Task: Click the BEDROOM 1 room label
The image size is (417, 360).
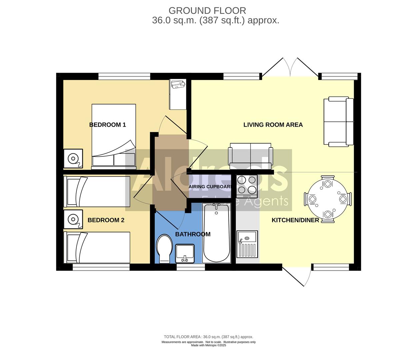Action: pyautogui.click(x=107, y=125)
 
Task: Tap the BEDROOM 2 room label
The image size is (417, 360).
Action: pyautogui.click(x=106, y=220)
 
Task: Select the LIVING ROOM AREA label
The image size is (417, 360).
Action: pyautogui.click(x=273, y=125)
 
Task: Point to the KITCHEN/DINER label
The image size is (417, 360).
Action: pyautogui.click(x=295, y=220)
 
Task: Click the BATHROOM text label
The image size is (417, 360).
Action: pyautogui.click(x=193, y=234)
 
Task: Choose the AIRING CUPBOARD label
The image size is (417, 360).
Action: pyautogui.click(x=210, y=187)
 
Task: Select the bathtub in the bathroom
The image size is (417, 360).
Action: pyautogui.click(x=217, y=233)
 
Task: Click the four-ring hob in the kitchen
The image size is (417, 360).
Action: pyautogui.click(x=247, y=186)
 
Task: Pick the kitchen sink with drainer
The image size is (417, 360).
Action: pyautogui.click(x=247, y=244)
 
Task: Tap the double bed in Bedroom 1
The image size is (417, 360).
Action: pyautogui.click(x=114, y=135)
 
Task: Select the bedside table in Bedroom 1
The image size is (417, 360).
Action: pyautogui.click(x=73, y=158)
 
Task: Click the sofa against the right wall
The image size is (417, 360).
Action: pyautogui.click(x=338, y=122)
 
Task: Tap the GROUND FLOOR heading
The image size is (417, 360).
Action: pyautogui.click(x=207, y=11)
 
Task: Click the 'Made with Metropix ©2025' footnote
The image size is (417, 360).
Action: pyautogui.click(x=208, y=345)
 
